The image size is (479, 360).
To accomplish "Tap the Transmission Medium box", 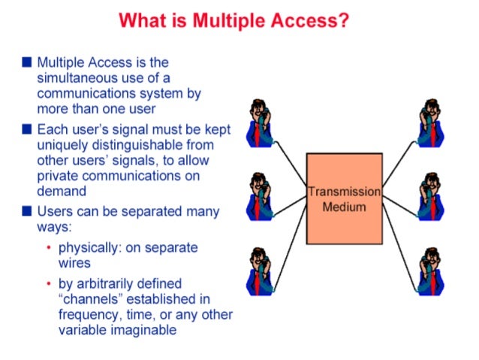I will tap(344, 198).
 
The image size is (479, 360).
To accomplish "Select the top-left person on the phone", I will tap(261, 123).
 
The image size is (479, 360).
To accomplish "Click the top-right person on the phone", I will tap(432, 123).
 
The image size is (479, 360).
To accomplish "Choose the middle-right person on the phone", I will tap(432, 197).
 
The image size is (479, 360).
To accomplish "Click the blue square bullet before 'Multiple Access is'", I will tap(27, 62).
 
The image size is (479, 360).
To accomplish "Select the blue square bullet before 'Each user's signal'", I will tap(27, 129).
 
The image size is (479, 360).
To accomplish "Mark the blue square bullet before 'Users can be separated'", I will tap(27, 212).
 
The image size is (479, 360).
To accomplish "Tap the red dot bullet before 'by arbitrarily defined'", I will tap(49, 284).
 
